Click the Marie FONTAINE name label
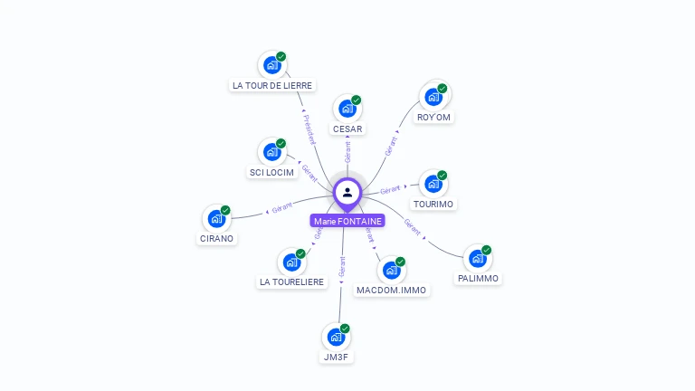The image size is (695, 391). [347, 221]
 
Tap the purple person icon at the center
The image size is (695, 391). [347, 192]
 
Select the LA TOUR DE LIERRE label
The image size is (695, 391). [272, 86]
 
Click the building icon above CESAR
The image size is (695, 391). [347, 109]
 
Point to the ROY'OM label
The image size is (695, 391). [433, 118]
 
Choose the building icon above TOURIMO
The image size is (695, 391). [433, 184]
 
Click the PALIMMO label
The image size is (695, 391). [478, 279]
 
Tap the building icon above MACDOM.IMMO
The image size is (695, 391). [391, 270]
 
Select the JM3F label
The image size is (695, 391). [337, 358]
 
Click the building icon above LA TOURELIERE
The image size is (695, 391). [291, 262]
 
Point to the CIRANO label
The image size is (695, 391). [216, 239]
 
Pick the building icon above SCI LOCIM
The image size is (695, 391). [271, 152]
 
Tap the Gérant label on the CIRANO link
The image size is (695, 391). [281, 209]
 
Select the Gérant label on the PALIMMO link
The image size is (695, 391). [413, 227]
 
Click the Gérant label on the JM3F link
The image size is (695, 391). [342, 266]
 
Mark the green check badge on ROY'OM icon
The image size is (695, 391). [443, 89]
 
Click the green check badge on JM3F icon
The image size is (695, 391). [345, 329]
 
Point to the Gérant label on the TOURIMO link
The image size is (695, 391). [390, 189]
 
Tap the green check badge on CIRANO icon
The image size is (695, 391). [225, 210]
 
